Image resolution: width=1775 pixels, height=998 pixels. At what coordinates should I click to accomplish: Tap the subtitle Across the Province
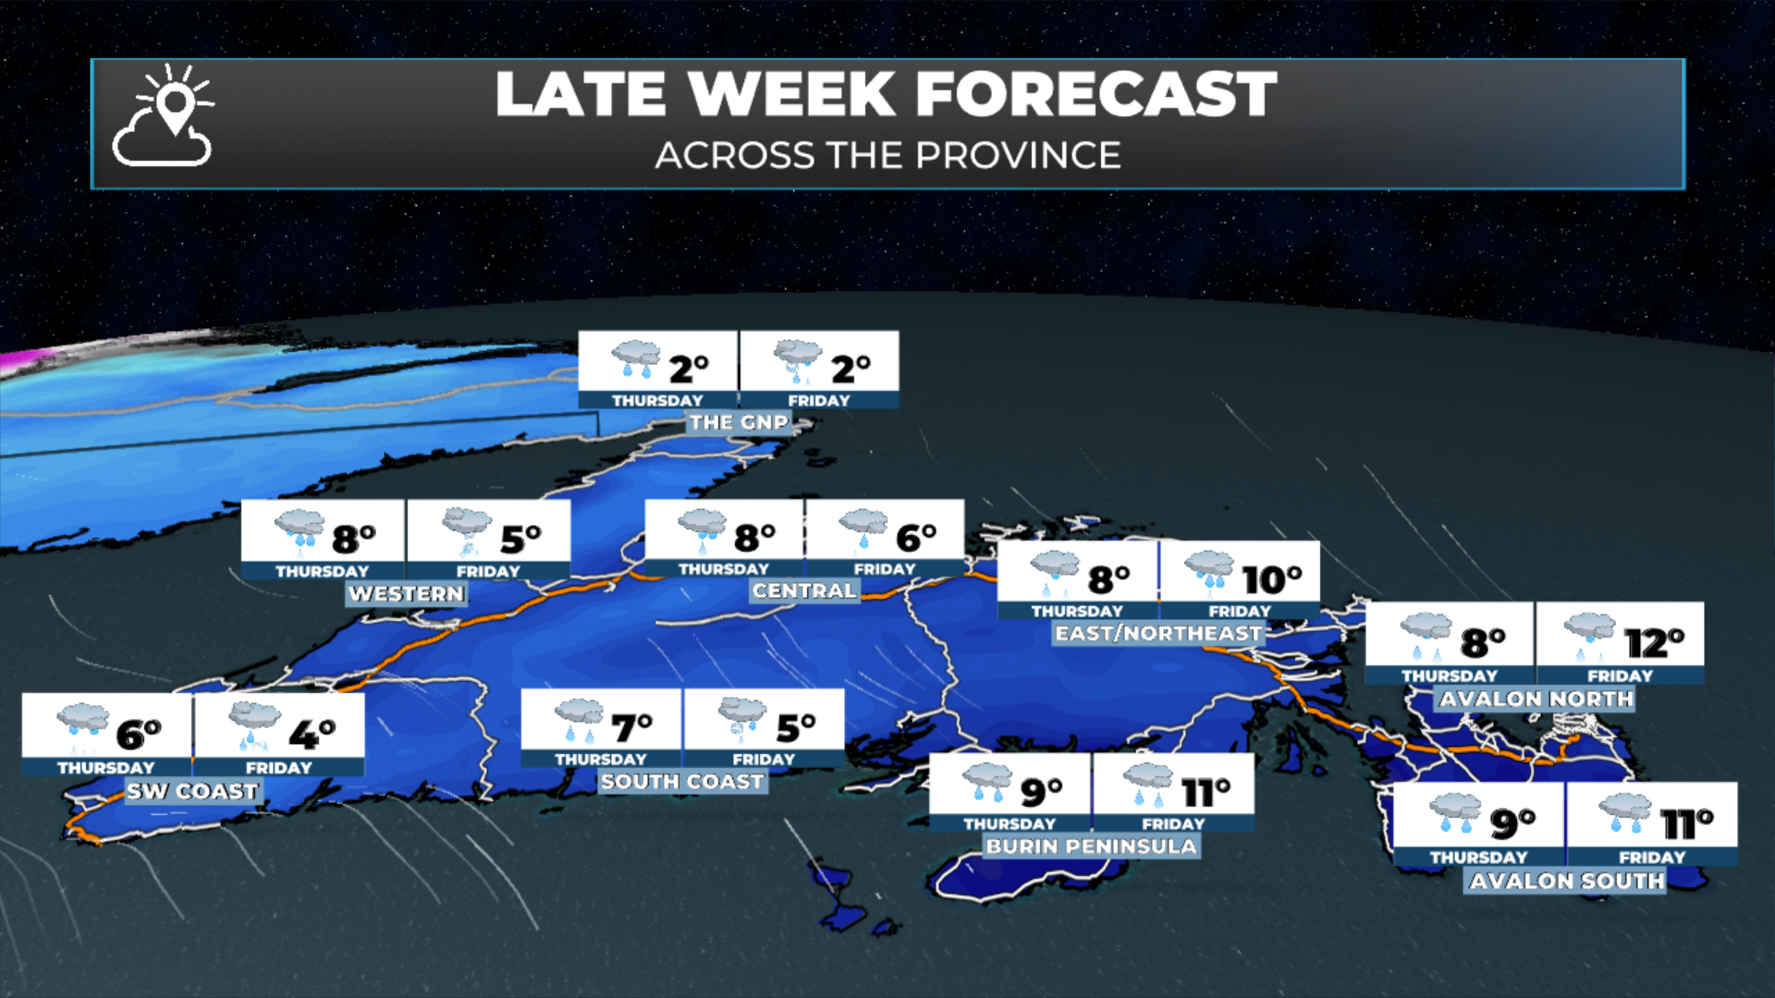(887, 155)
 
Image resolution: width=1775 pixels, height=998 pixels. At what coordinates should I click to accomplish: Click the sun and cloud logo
(164, 116)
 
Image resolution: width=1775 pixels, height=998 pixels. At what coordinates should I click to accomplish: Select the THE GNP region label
(739, 422)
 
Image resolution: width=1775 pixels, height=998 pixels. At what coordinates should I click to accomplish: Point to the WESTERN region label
(406, 593)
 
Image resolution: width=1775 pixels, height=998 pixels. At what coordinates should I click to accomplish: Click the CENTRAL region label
(804, 590)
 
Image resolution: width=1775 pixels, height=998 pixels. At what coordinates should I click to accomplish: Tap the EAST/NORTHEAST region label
(1158, 633)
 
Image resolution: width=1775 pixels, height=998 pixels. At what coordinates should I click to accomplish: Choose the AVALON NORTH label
(1536, 699)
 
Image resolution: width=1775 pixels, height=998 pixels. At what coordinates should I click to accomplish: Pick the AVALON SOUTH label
(1566, 881)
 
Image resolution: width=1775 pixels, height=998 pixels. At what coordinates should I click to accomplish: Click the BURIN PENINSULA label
(1091, 846)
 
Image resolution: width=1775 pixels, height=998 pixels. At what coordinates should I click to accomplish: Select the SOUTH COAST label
(682, 782)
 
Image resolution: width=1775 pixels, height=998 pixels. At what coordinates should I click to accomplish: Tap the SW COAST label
(192, 791)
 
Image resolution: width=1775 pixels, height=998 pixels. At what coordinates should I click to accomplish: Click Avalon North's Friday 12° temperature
(1654, 642)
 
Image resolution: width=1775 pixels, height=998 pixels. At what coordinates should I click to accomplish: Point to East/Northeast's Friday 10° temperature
(1271, 579)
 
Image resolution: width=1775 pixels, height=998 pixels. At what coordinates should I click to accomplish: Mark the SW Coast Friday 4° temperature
(312, 735)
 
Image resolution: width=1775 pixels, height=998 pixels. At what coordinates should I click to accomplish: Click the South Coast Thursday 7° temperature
(632, 728)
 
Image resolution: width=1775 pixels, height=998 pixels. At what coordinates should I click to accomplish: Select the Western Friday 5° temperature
(520, 538)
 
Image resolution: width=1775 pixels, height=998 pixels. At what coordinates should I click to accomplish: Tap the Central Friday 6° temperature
(915, 537)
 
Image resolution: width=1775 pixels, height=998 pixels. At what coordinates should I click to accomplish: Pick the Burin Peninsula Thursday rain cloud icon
(986, 782)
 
